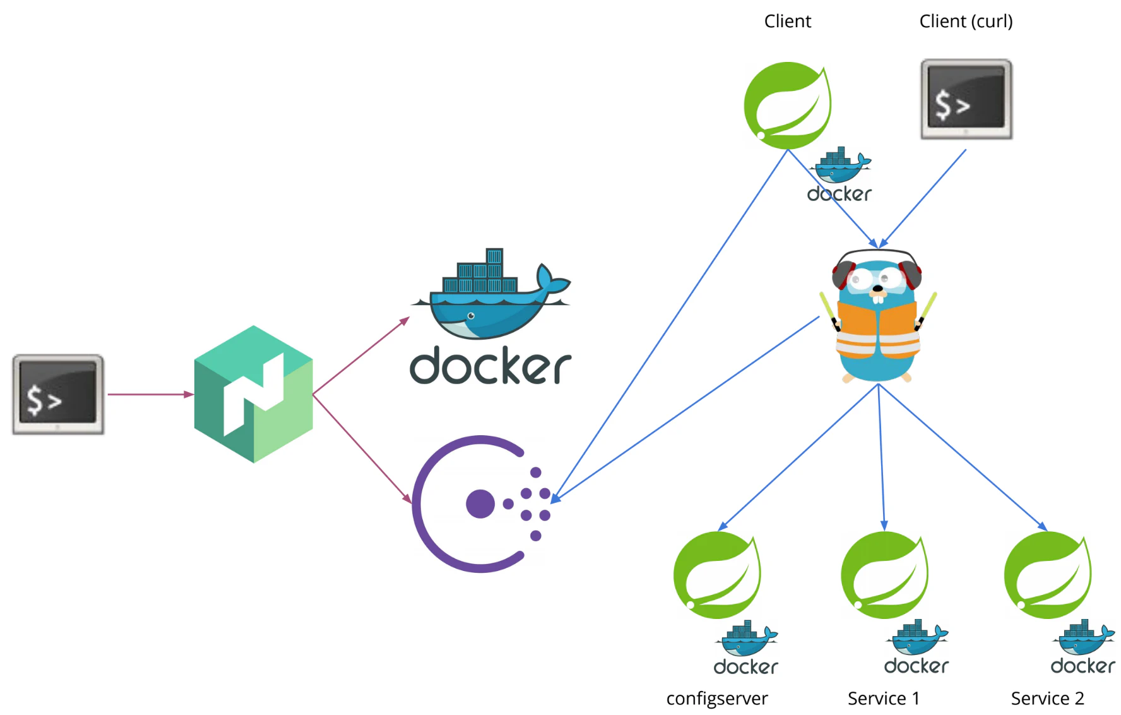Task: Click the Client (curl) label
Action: [x=966, y=21]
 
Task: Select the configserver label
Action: [x=717, y=699]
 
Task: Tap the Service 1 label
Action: [x=883, y=699]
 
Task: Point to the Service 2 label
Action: [x=1047, y=699]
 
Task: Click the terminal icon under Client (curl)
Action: [x=966, y=99]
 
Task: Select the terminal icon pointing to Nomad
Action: [x=58, y=394]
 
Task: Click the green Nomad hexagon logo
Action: [x=254, y=394]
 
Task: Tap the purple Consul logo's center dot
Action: [x=480, y=504]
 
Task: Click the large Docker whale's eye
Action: [x=471, y=316]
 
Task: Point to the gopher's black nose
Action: [x=878, y=289]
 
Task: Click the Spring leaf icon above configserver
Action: [x=717, y=575]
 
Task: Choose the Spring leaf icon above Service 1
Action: [x=884, y=575]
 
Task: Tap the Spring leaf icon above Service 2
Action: [x=1048, y=575]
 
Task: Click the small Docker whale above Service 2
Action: [x=1083, y=638]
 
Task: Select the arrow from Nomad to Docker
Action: [x=361, y=356]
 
